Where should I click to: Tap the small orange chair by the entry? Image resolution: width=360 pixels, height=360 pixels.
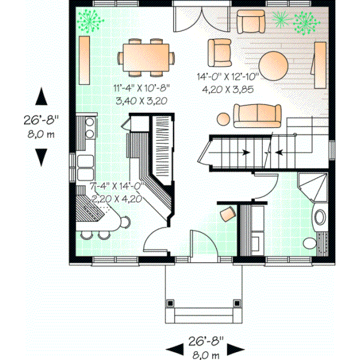pos(227,214)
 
